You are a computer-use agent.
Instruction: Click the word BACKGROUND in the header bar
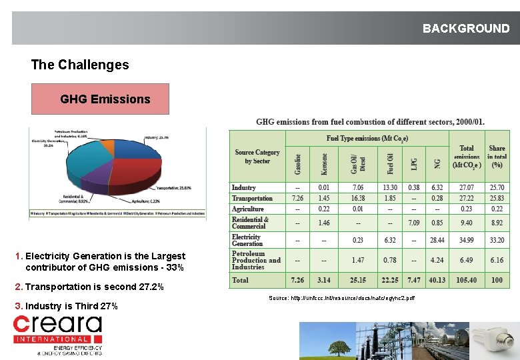(x=465, y=29)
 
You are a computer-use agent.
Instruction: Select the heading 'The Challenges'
(x=80, y=65)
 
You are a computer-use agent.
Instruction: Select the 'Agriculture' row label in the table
(x=248, y=209)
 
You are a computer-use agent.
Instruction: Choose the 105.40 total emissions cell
(x=466, y=280)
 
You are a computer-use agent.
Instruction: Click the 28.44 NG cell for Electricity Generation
(x=437, y=240)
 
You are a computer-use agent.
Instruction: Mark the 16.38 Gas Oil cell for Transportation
(x=358, y=198)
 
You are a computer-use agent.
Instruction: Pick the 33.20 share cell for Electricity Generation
(x=497, y=240)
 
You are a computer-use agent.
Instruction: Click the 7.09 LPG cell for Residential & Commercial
(x=413, y=223)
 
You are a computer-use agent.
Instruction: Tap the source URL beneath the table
(x=341, y=298)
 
